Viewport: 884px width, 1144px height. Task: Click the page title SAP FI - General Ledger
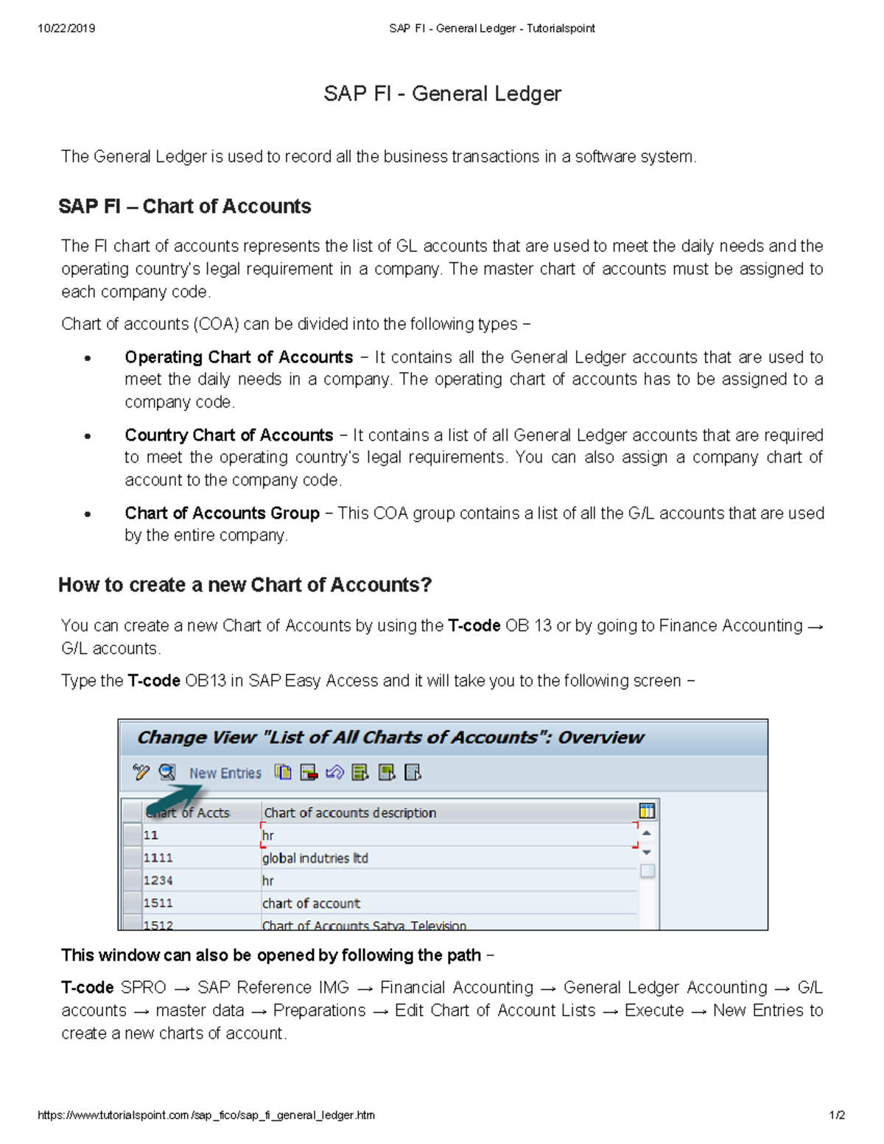[442, 94]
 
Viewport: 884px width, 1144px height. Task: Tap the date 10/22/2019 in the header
[66, 29]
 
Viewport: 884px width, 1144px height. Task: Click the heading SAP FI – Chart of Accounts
[184, 206]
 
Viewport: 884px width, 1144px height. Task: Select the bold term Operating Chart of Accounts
[239, 357]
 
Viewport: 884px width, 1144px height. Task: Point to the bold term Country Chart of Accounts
[228, 435]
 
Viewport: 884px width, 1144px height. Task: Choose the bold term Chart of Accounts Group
[222, 513]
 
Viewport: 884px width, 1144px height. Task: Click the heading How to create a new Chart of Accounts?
[245, 585]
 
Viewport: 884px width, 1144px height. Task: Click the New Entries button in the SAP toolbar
[225, 773]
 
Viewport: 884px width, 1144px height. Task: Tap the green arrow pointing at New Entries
[175, 799]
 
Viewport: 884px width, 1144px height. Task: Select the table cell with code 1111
[158, 858]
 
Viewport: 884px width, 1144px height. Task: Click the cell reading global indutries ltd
[315, 858]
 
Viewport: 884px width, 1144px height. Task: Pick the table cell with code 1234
[158, 881]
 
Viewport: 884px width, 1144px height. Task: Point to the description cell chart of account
[311, 903]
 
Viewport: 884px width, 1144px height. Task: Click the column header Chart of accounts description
[350, 813]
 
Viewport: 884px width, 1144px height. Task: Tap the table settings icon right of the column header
[647, 811]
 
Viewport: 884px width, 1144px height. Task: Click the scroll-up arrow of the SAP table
[647, 833]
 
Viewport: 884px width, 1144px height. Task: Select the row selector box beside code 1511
[132, 903]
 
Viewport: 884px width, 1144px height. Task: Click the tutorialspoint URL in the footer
[206, 1115]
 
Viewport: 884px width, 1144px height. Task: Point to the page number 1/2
[836, 1115]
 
